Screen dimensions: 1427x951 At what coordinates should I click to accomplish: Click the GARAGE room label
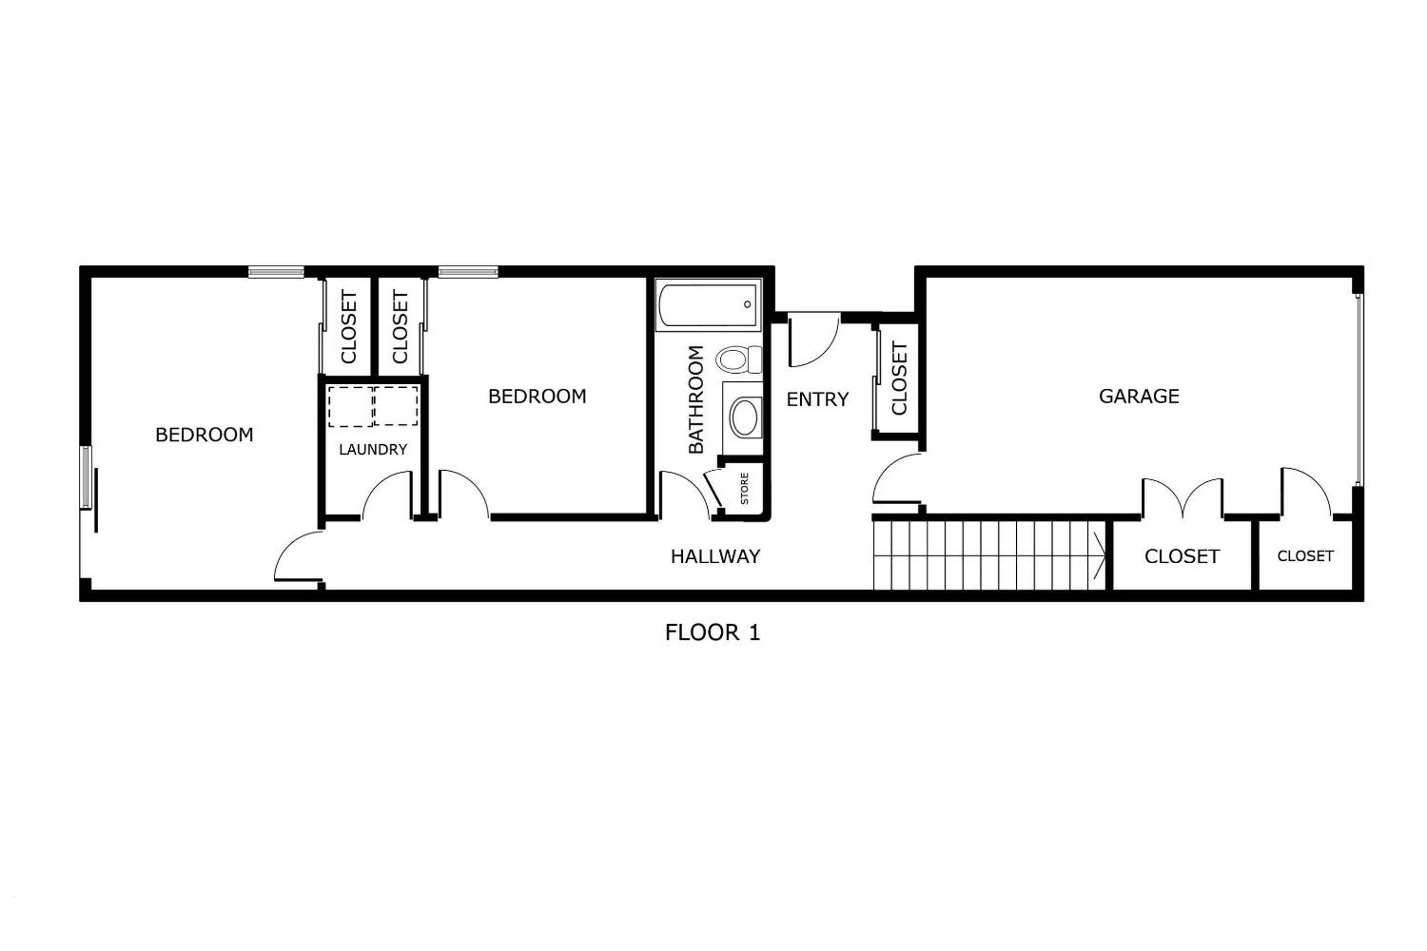click(1139, 396)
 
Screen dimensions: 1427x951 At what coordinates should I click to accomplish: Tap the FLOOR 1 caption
click(713, 633)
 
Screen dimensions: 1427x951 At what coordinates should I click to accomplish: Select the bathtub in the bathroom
click(708, 305)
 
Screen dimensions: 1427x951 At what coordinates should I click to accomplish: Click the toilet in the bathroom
click(739, 360)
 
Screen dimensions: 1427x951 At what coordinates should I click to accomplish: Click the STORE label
click(744, 488)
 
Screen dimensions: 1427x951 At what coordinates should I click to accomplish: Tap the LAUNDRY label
click(373, 449)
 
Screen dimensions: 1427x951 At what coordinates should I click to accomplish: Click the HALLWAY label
click(715, 556)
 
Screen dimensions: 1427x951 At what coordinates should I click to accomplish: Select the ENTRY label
click(817, 399)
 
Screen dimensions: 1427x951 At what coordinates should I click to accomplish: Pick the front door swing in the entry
click(813, 340)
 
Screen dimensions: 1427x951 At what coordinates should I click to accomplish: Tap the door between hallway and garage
click(897, 478)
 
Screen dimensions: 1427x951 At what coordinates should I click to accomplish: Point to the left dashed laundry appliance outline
click(351, 406)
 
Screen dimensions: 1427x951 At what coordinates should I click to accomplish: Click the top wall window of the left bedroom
click(276, 272)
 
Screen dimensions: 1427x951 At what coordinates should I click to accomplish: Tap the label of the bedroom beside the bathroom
click(537, 396)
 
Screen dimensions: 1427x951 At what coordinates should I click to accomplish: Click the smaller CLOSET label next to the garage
click(1305, 556)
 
